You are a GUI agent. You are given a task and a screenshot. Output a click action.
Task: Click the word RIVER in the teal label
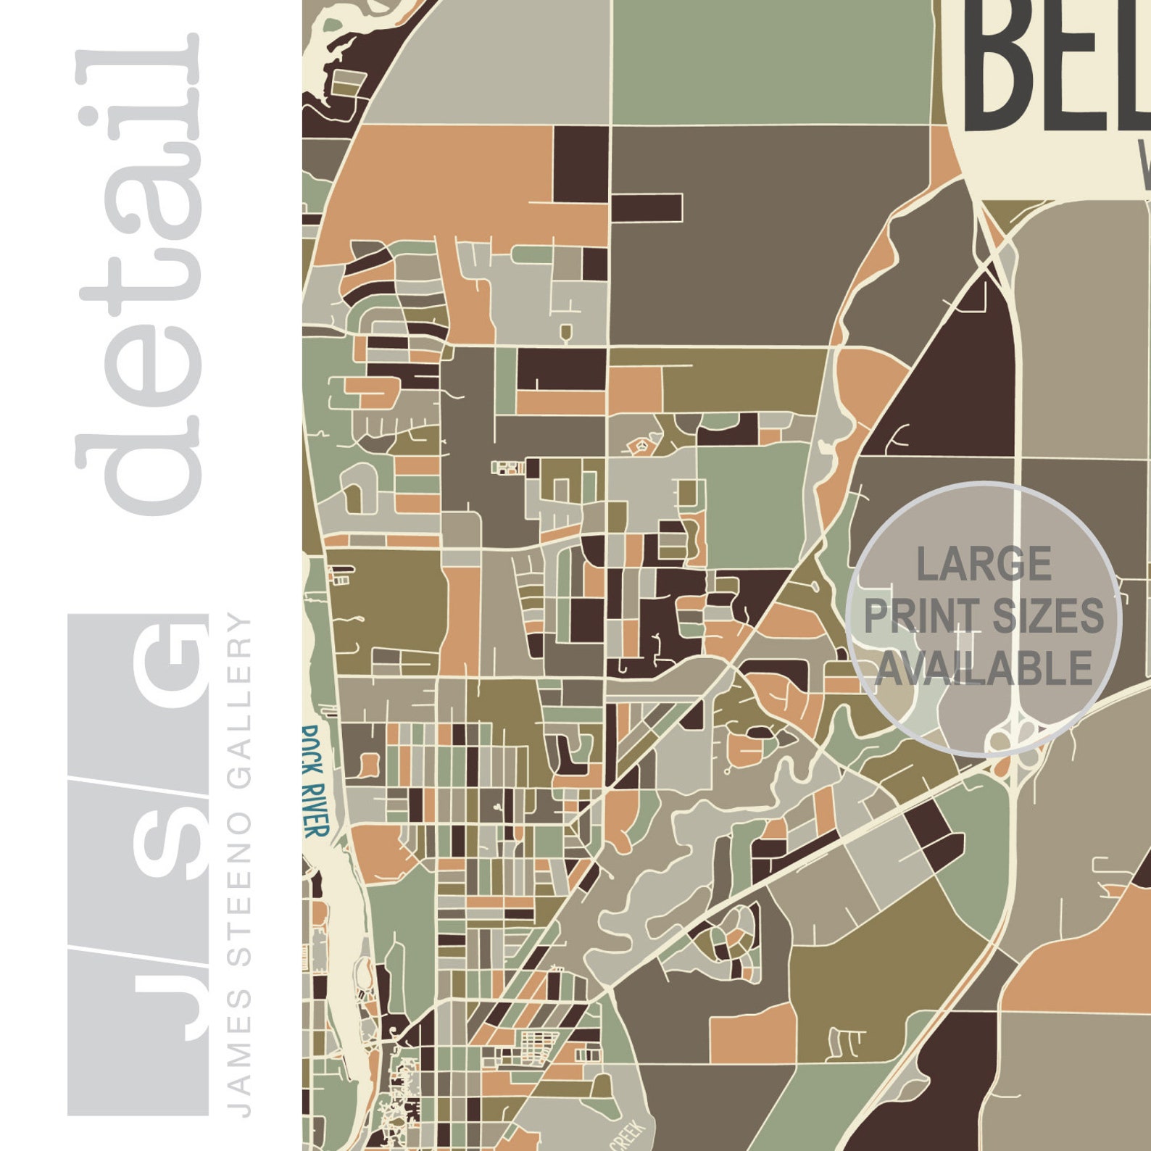(316, 808)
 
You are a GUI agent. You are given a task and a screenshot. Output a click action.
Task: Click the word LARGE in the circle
(984, 564)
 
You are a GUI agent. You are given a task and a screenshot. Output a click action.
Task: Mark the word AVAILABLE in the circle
(984, 668)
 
